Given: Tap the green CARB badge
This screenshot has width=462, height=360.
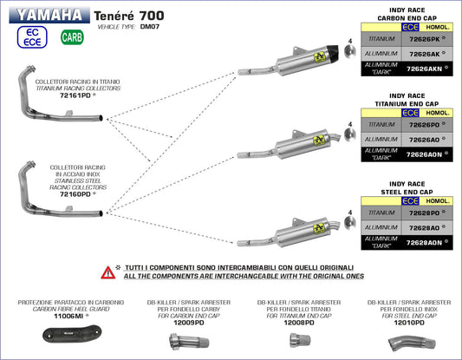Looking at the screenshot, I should coord(72,37).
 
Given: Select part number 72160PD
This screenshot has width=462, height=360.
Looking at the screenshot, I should coord(75,195).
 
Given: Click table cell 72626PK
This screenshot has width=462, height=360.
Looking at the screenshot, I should coord(426,39).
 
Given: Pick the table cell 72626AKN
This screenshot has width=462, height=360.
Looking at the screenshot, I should coord(426,67).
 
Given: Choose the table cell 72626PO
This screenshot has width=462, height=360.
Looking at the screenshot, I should coord(426,124).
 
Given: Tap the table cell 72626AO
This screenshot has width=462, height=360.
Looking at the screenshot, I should coord(426,139).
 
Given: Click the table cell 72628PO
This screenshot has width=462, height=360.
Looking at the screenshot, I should coord(426,212).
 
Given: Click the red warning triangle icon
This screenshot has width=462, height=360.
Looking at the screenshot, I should coord(108,272).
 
